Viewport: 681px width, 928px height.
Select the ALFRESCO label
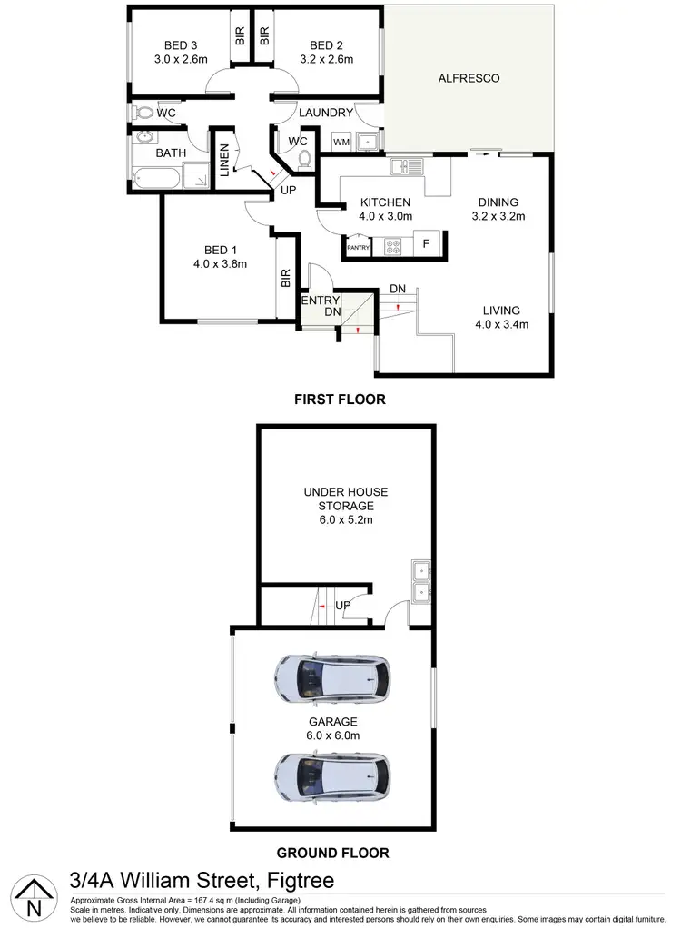469,78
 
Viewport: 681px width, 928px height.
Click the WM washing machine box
341,143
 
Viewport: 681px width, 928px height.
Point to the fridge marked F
427,245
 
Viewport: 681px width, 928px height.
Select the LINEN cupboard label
223,163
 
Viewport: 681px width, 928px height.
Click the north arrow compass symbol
34,896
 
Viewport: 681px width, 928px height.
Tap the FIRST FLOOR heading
339,399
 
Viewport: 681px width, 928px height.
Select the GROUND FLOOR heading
332,853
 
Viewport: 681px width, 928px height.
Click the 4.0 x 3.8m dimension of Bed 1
222,264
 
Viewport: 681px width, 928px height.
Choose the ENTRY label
321,301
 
